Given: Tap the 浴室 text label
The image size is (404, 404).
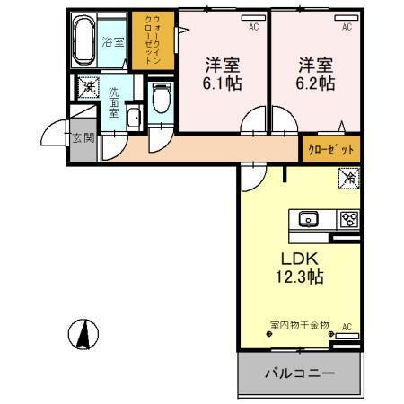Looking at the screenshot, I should (111, 41).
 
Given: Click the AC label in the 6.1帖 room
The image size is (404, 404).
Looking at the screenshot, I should (253, 27).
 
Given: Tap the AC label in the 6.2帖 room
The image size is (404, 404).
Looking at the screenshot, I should (345, 27).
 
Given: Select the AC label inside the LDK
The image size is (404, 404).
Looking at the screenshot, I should (346, 326).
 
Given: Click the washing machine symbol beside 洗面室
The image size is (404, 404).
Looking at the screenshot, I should (88, 88).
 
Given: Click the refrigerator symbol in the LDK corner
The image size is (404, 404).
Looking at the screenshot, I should (348, 180).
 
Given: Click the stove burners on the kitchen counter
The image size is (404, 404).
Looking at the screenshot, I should (347, 218).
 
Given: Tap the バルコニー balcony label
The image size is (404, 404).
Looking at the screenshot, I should (299, 373).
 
